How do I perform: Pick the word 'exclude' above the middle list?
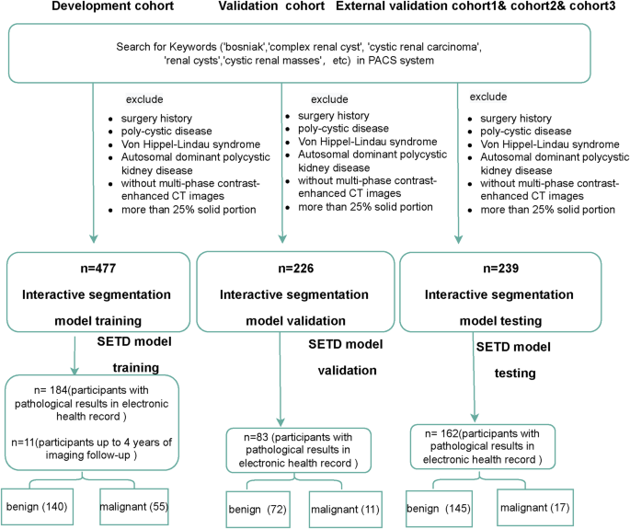(329, 98)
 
